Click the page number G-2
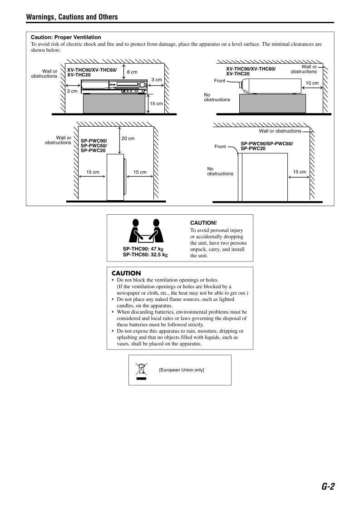(x=328, y=486)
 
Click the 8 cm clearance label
(x=132, y=72)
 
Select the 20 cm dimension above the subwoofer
(x=128, y=138)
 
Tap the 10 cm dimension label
(x=312, y=84)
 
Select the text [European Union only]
(x=181, y=370)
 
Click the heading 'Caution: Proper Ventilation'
(x=66, y=37)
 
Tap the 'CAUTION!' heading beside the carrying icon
(x=203, y=223)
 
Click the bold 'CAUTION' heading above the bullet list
(x=126, y=273)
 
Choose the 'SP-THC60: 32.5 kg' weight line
(x=145, y=255)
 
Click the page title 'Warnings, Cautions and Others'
(x=72, y=17)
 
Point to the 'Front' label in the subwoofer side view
(x=220, y=147)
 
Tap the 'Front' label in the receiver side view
(x=219, y=81)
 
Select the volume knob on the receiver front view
(x=143, y=85)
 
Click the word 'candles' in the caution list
(x=125, y=306)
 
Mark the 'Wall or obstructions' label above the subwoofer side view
(x=280, y=131)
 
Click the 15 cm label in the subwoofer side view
(x=299, y=172)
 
